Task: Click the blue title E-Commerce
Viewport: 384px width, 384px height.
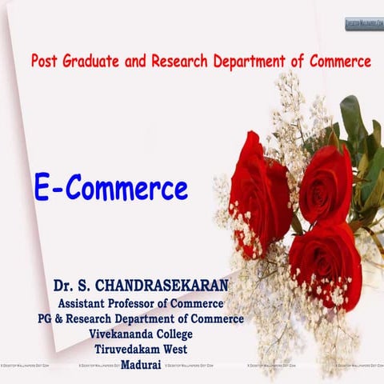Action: [x=110, y=189]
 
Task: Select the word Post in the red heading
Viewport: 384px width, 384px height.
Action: [x=46, y=61]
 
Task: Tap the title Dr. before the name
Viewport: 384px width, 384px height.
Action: [x=66, y=286]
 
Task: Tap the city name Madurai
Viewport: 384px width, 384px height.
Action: [x=141, y=364]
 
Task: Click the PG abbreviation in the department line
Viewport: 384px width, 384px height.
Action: [x=47, y=318]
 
